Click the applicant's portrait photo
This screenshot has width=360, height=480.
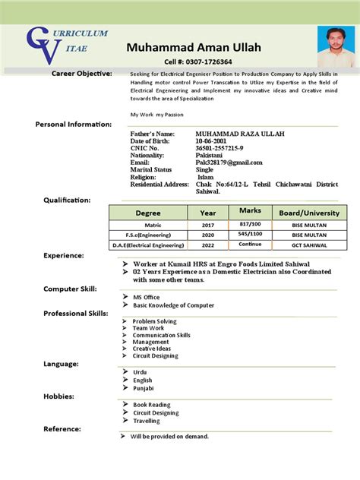coord(333,47)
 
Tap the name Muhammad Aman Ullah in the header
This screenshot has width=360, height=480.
coord(194,47)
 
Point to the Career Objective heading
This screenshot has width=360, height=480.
coord(81,73)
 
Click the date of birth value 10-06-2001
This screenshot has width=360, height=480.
coord(211,141)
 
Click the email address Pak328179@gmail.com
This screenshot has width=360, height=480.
coord(229,163)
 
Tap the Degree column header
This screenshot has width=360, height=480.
coord(148,213)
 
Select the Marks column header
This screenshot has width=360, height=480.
coord(250,210)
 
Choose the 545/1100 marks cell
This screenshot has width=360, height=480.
coord(250,235)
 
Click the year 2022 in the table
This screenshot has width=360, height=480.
coord(208,245)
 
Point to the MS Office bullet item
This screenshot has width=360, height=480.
coord(147,296)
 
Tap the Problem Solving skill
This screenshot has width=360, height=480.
coord(154,321)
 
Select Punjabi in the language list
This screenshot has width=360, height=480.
coord(144,388)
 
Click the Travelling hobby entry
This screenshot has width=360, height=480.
coord(147,420)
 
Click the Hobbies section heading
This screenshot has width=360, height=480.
coord(58,396)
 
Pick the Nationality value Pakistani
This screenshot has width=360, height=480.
coord(210,155)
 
